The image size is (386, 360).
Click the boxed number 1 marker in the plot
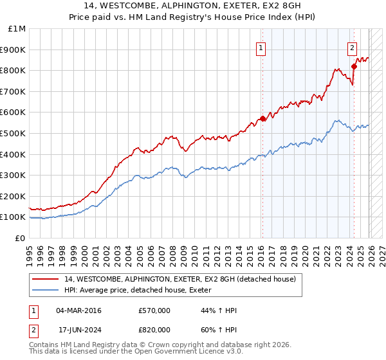click(261, 47)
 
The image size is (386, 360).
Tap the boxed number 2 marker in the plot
click(353, 47)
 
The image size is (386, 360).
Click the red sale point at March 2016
click(262, 119)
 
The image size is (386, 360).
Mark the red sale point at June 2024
click(354, 66)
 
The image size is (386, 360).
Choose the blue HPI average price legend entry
click(142, 291)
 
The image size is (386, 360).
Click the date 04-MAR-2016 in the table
click(78, 310)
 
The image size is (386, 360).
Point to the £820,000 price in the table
click(154, 330)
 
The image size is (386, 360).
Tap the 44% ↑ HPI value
click(219, 310)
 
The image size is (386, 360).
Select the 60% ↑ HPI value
click(219, 330)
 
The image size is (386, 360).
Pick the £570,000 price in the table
click(154, 310)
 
